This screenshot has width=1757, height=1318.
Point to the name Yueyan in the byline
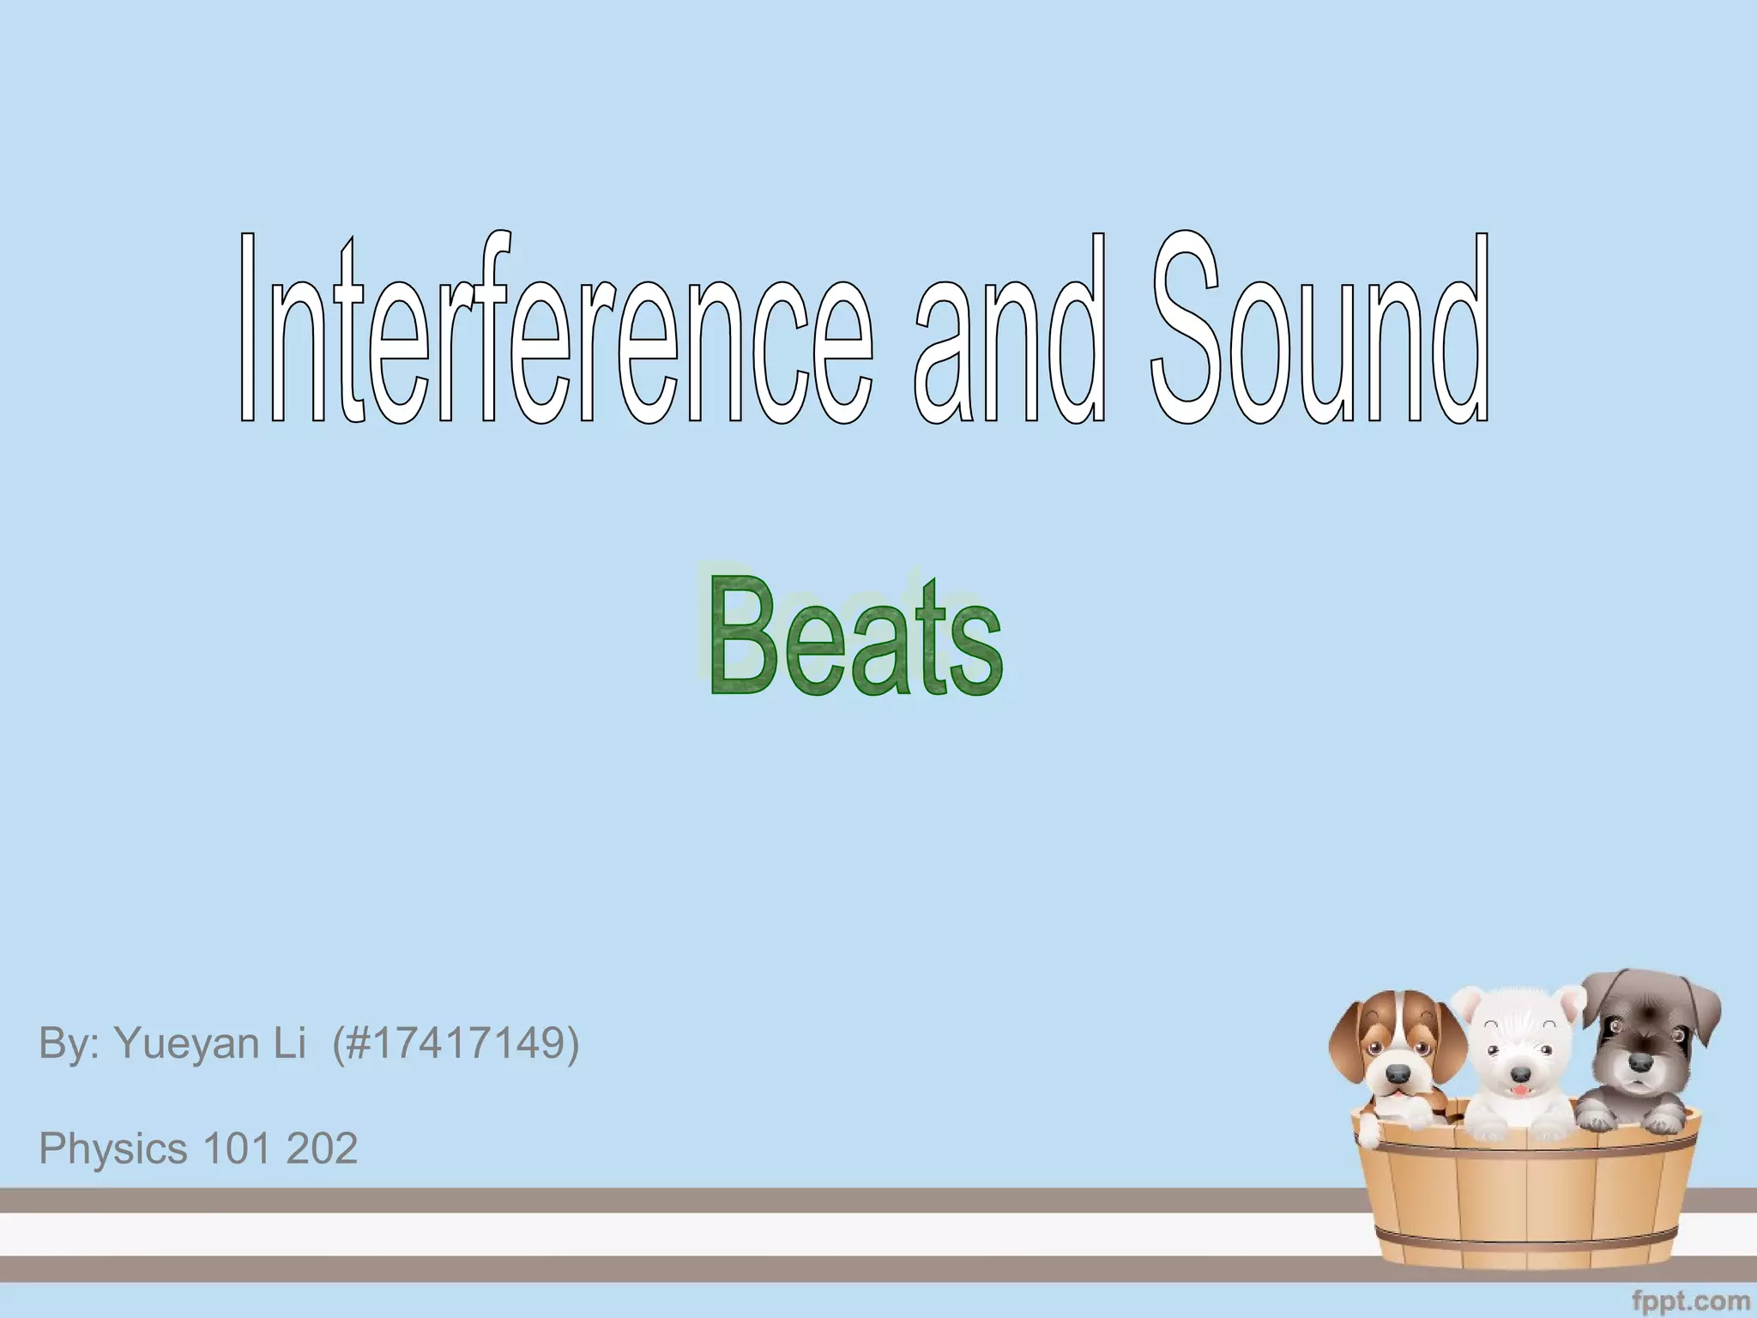point(210,1044)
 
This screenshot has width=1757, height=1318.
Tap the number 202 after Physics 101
point(322,1149)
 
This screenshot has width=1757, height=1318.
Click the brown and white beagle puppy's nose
point(1398,1074)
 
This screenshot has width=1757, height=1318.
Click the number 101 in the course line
point(237,1149)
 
